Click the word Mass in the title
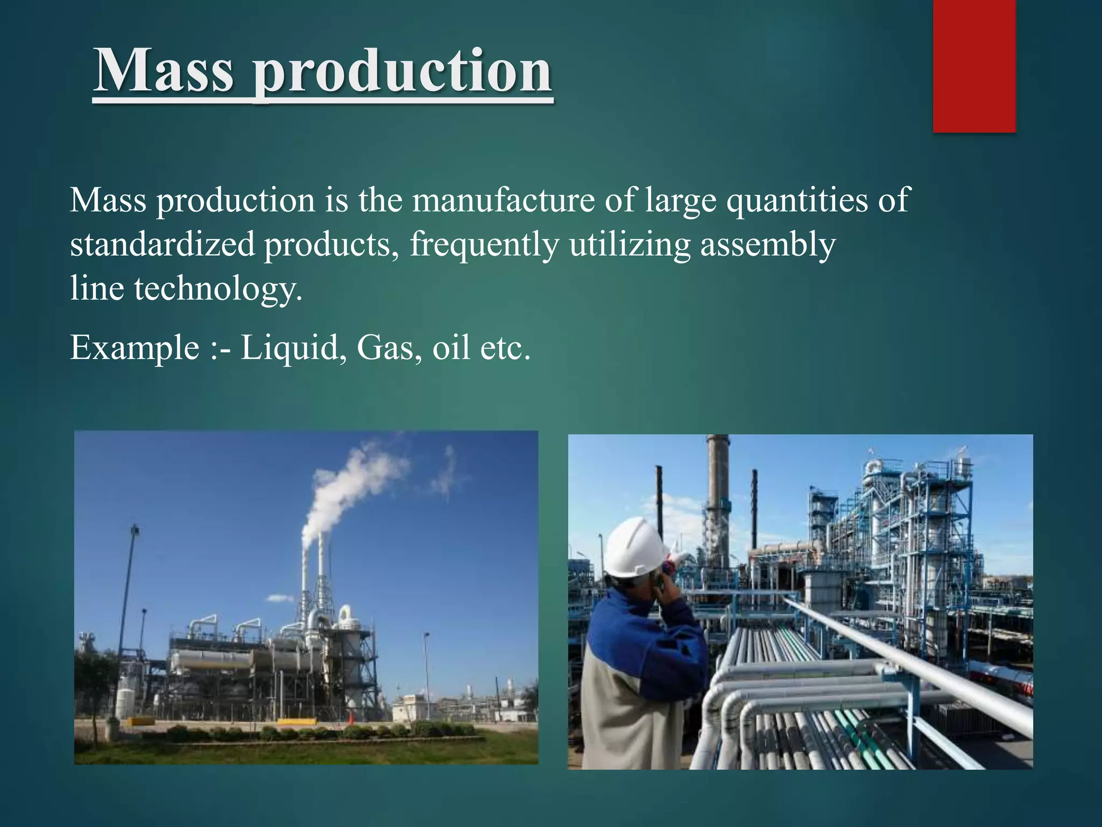coord(164,71)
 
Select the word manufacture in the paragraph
coord(503,200)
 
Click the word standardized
coord(162,244)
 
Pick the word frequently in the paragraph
coord(484,246)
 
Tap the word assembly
coord(767,246)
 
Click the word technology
coord(218,290)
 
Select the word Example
coord(135,348)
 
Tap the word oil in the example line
coord(451,348)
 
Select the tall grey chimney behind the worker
coord(718,495)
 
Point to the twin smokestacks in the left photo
coord(313,571)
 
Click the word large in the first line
coord(680,201)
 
